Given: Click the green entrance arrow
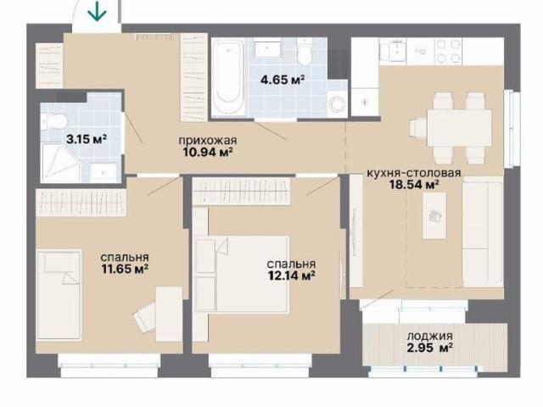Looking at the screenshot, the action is [x=97, y=11].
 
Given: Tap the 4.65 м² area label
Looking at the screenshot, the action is [x=283, y=80].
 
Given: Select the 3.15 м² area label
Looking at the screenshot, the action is [x=87, y=139].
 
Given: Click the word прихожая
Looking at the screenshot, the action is [x=208, y=141].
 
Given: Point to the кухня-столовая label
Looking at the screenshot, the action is [x=414, y=173].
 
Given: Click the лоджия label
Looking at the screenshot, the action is [x=430, y=336].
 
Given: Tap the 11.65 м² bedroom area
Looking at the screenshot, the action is [x=125, y=269].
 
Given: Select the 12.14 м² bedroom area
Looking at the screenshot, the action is [x=291, y=276].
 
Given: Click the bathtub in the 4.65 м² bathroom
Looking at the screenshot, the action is [x=228, y=76].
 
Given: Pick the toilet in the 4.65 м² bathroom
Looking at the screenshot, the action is [x=305, y=52].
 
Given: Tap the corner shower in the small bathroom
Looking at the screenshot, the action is [x=60, y=163].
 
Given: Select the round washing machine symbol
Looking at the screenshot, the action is [x=337, y=103].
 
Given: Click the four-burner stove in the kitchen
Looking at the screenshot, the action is [x=448, y=51].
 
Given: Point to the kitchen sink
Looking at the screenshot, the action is [x=393, y=51].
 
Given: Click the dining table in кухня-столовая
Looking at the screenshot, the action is [x=460, y=128].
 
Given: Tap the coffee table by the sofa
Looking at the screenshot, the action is [x=434, y=215].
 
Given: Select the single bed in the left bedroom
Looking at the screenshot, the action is [x=59, y=294].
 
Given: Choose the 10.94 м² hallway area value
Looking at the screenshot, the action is [x=208, y=152].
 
